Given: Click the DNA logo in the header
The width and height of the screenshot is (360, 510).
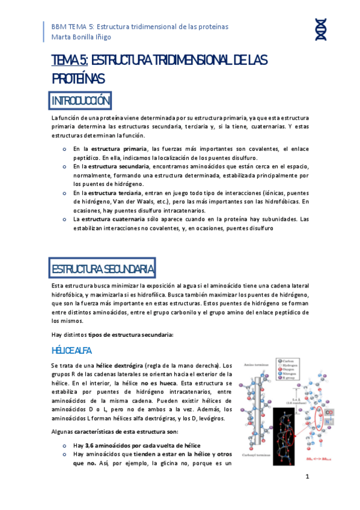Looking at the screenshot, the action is point(321,31).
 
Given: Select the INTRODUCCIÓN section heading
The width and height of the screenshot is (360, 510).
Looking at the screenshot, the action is point(81,99).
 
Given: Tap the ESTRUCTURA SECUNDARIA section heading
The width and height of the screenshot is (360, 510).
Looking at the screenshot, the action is point(103,268).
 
